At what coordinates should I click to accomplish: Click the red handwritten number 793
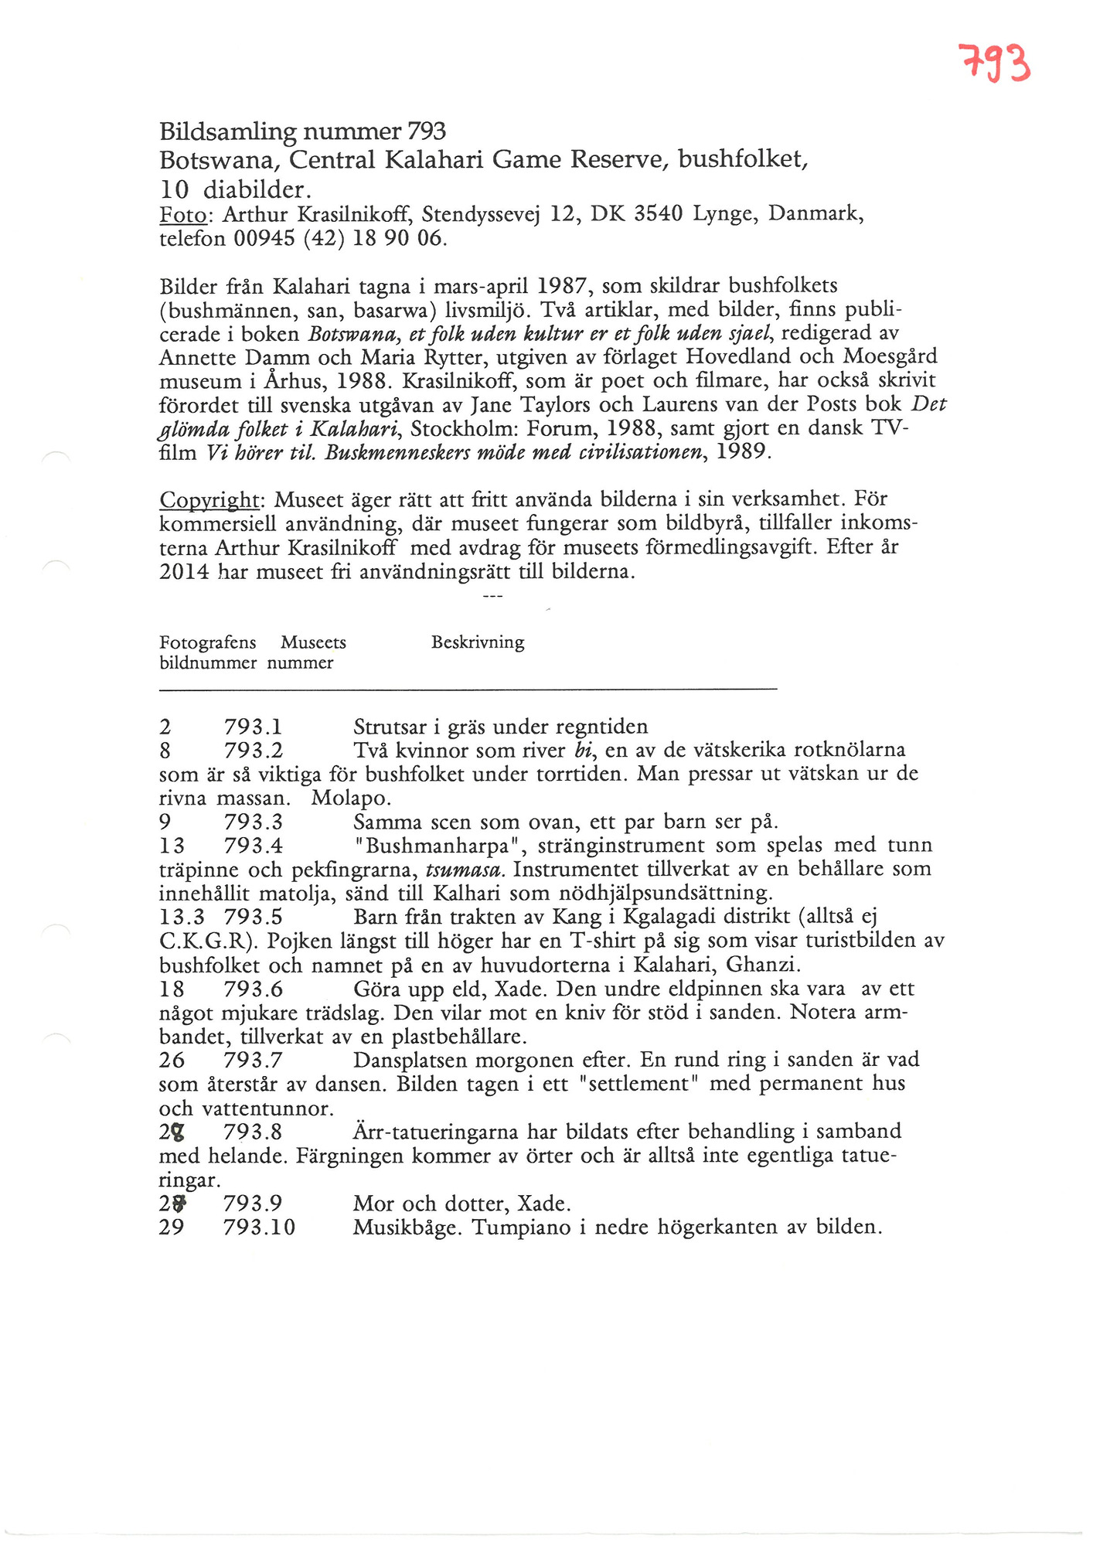994,64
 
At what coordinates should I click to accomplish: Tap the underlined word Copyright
208,500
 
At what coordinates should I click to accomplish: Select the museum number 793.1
253,727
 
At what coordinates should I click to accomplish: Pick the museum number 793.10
259,1228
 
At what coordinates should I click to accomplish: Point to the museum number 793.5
253,918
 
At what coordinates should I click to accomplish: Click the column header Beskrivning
478,642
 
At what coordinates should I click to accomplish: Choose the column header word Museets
313,642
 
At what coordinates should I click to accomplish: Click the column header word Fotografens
207,642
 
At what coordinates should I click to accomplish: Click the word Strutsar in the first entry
390,727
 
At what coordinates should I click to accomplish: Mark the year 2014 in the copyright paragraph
184,573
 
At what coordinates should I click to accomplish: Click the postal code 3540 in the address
659,213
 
